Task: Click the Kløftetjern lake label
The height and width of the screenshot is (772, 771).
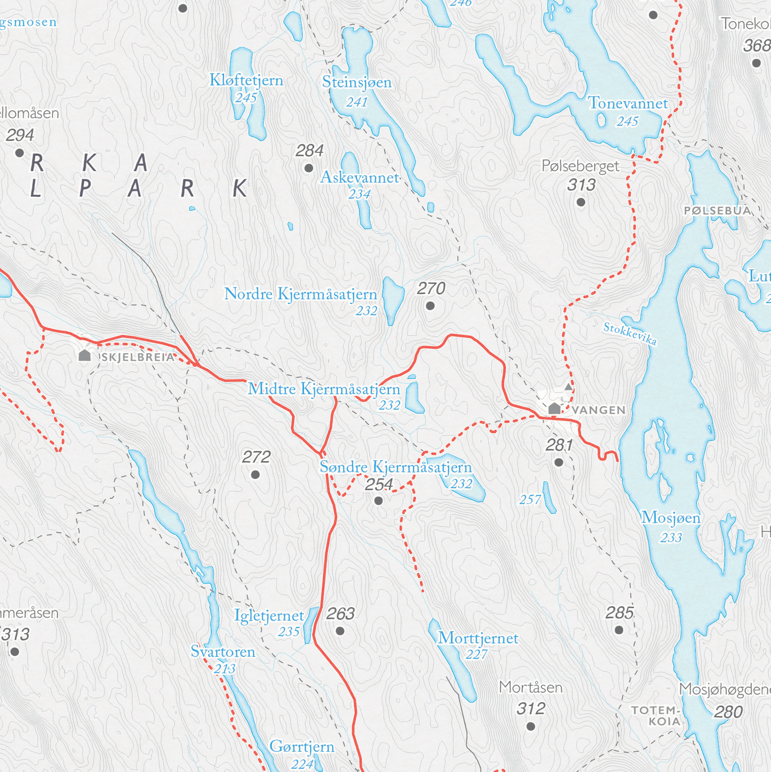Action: [x=246, y=81]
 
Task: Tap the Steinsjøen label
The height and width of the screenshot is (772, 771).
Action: [x=356, y=82]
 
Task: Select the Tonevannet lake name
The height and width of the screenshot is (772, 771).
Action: [x=627, y=104]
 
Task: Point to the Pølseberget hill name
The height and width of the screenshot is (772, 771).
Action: [x=580, y=166]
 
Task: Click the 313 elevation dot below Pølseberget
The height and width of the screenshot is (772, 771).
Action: [x=581, y=202]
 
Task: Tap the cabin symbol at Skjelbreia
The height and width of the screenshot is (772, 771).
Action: [x=84, y=355]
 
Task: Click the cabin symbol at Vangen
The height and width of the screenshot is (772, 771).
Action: [x=554, y=409]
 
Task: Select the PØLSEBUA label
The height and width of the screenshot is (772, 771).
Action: [x=717, y=211]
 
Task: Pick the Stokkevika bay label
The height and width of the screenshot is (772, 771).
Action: [x=630, y=334]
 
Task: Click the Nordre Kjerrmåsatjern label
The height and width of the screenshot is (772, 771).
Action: [x=300, y=294]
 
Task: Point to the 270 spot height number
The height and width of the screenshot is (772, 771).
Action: [x=431, y=289]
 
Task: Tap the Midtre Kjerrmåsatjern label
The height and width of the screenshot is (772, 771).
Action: [x=324, y=389]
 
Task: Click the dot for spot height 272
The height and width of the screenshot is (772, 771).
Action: [x=255, y=474]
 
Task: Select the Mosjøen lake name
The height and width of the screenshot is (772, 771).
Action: [x=670, y=518]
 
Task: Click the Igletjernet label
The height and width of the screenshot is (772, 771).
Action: [x=269, y=616]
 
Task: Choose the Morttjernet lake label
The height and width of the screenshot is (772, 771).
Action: [x=478, y=638]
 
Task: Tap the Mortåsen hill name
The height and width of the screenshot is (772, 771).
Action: [x=530, y=688]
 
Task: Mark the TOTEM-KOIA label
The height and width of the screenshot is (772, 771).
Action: [x=656, y=715]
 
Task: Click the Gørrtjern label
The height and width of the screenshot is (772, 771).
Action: [x=301, y=746]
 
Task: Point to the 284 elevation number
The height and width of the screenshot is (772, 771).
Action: [x=309, y=151]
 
